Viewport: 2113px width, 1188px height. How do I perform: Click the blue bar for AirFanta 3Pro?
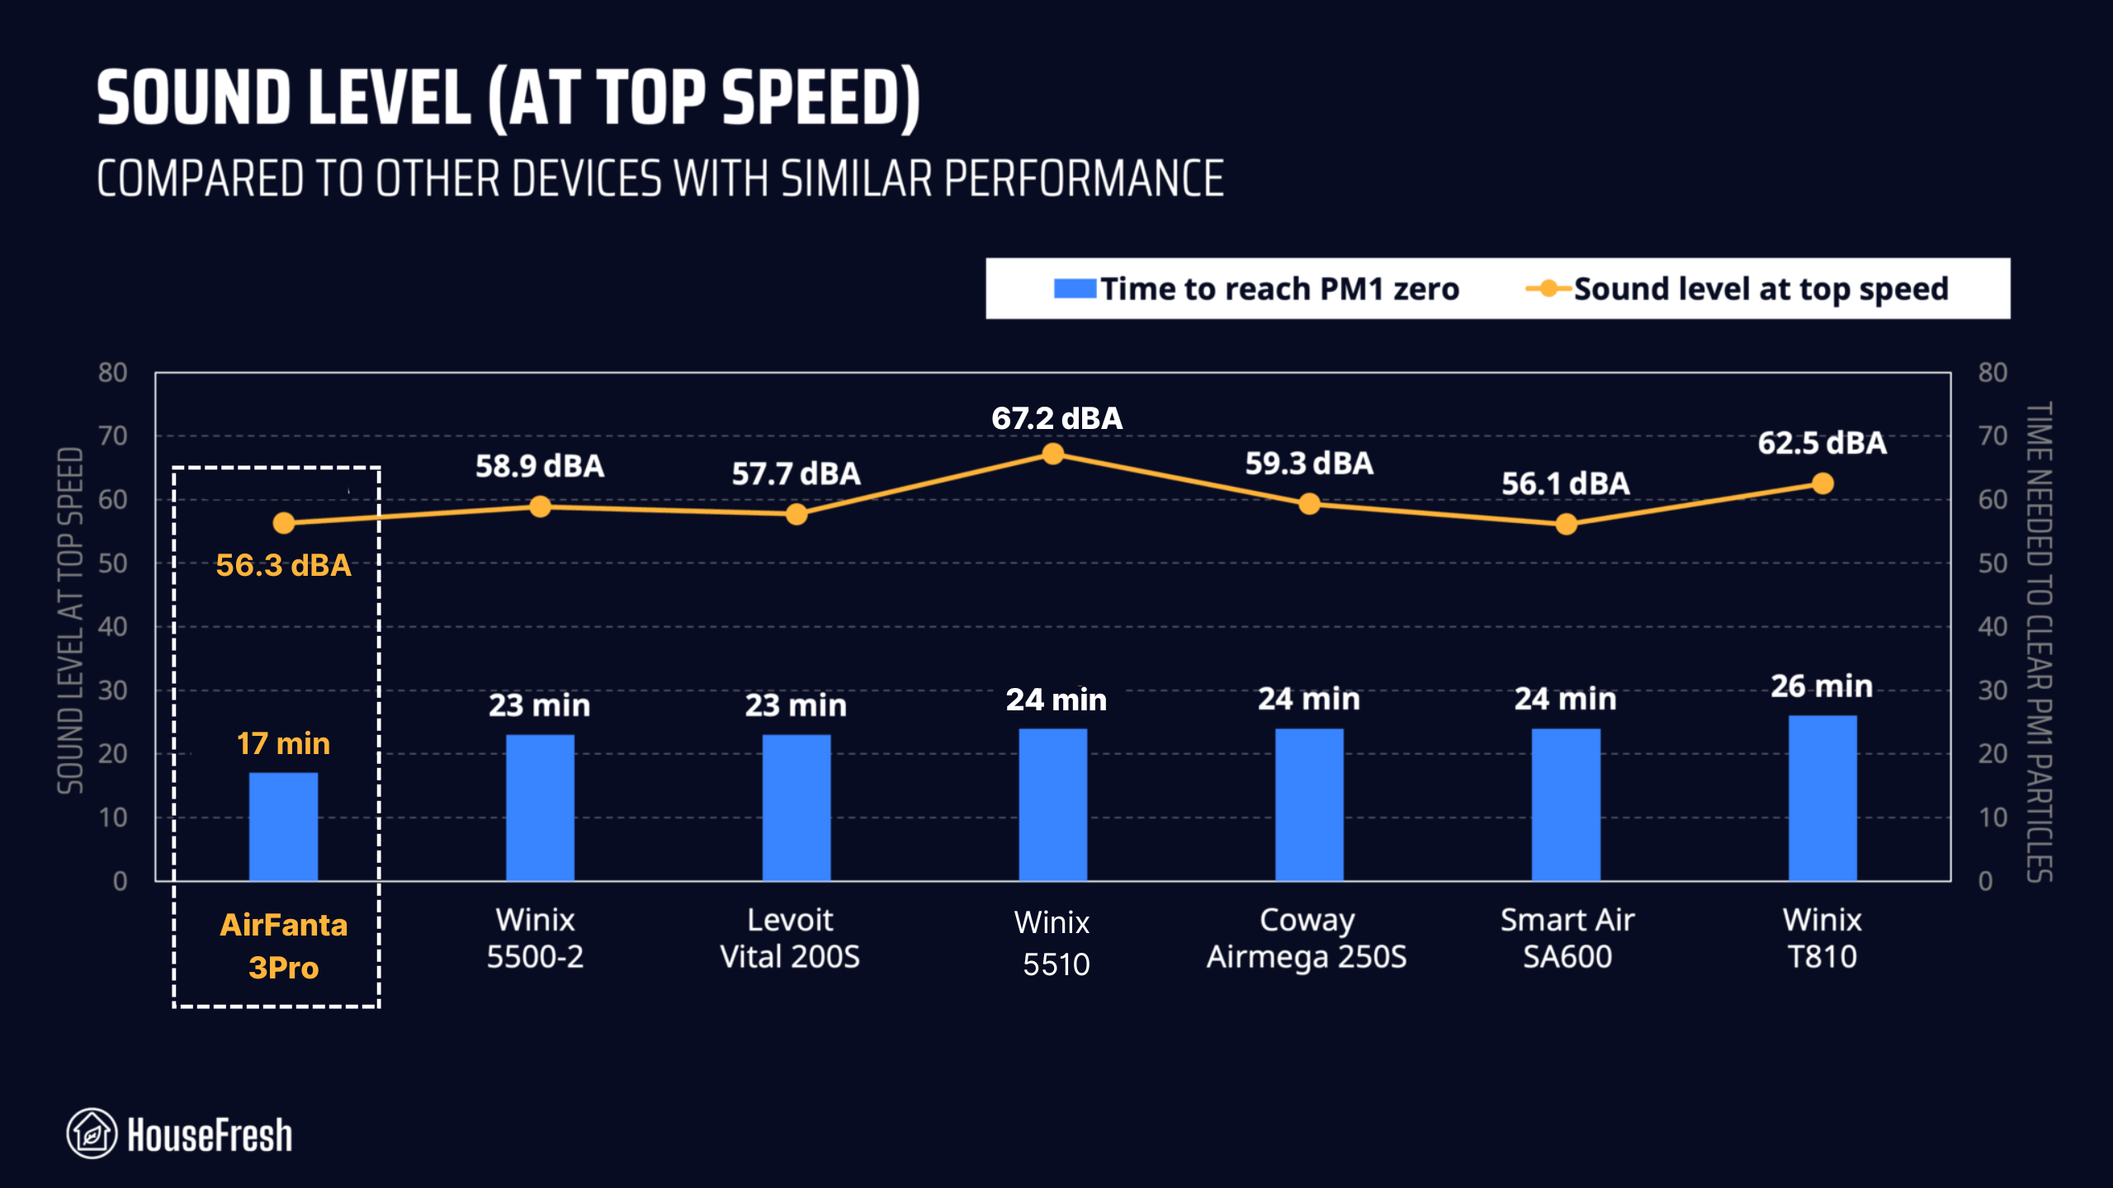pos(283,826)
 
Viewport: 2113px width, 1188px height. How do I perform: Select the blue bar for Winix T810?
pos(1822,798)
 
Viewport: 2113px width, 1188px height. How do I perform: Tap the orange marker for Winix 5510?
pos(1052,454)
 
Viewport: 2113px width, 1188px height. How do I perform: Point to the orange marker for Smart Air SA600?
pos(1566,524)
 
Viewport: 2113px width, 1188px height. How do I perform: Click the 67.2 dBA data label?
pos(1056,418)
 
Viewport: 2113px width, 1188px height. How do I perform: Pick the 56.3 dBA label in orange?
pos(283,565)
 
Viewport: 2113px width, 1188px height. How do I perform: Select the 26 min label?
pos(1822,686)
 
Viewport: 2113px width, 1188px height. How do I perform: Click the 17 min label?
pos(283,743)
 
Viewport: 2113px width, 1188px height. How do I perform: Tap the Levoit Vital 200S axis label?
pos(790,938)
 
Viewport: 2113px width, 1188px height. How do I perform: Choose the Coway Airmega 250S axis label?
pos(1307,938)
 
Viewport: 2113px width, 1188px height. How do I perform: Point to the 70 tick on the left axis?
pos(113,436)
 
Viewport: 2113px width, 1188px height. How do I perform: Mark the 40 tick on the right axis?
pos(1992,627)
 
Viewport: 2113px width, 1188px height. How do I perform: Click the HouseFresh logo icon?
pos(92,1134)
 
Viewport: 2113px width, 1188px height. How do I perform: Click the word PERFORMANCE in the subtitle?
pos(1084,179)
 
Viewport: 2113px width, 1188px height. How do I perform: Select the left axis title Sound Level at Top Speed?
pos(71,620)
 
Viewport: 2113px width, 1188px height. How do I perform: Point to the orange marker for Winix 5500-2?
pos(540,507)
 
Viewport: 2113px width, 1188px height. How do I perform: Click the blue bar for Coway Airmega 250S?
pos(1309,804)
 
